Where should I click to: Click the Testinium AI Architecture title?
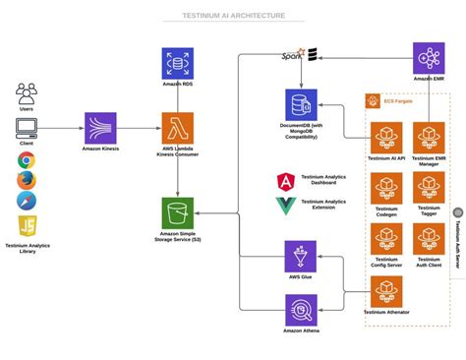[233, 16]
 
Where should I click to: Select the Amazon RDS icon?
[177, 64]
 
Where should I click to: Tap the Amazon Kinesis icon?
[100, 128]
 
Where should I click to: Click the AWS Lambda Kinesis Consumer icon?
[177, 128]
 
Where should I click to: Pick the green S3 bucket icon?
[177, 212]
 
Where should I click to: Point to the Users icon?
[27, 94]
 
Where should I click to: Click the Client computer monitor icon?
[27, 127]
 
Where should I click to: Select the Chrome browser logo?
[27, 160]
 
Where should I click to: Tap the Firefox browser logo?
[27, 180]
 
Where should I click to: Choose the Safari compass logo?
[27, 201]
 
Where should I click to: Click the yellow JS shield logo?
[27, 225]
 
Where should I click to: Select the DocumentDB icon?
[301, 104]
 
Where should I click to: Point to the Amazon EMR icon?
[429, 58]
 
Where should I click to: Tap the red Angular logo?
[285, 182]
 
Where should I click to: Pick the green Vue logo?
[285, 206]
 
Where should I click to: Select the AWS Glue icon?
[301, 256]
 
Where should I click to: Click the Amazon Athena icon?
[301, 310]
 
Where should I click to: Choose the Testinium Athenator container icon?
[386, 291]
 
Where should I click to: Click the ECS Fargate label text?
[399, 100]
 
